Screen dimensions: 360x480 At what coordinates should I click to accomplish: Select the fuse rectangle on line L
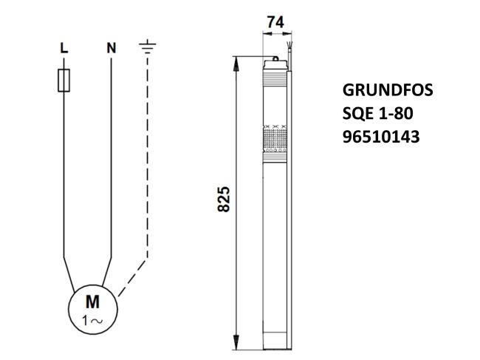coord(64,80)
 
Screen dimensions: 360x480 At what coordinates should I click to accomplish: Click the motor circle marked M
coord(93,309)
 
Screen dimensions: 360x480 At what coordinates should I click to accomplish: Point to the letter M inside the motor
coord(93,301)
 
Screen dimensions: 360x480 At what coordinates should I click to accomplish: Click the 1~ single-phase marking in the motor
coord(93,320)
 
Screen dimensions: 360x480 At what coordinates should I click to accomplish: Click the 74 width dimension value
coord(275,23)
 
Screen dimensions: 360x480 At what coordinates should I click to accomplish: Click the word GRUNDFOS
coord(388,91)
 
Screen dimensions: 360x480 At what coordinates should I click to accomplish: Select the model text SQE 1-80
coord(377,113)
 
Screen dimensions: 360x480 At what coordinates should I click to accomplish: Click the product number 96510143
coord(381,136)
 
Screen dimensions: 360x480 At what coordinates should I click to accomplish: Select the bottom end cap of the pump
coord(275,342)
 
